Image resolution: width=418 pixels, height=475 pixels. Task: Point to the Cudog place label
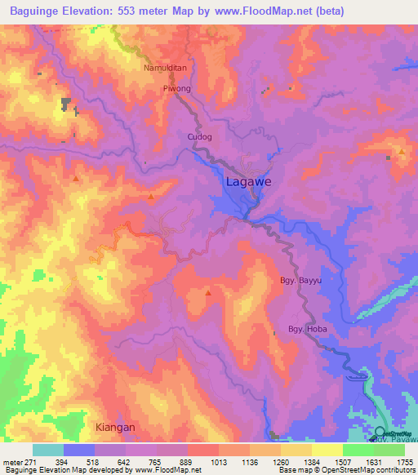pos(200,137)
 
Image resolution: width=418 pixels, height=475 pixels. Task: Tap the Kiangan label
pos(109,427)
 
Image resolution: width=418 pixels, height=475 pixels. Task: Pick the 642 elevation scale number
pos(110,463)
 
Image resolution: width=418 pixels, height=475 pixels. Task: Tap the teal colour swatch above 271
pos(48,450)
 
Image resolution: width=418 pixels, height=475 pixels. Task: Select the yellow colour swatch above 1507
pos(327,450)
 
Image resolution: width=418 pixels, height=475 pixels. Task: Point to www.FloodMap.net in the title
pos(265,11)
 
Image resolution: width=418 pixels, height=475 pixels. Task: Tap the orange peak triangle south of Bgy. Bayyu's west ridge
pos(208,292)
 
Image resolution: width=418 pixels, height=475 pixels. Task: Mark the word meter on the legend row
pos(13,463)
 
